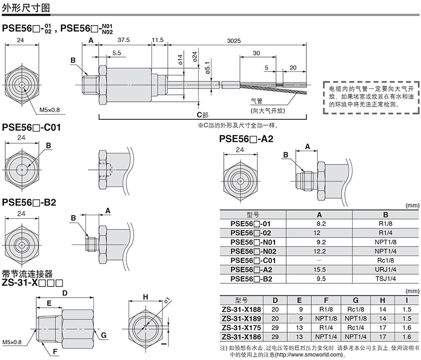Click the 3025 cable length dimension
coord(234,41)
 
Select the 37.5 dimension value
coord(124,40)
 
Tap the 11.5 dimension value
coord(158,40)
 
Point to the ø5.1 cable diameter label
coord(207,68)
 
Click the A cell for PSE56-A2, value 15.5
coord(319,269)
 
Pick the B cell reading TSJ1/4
coord(385,279)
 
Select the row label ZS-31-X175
coord(241,328)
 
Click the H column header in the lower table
coord(383,300)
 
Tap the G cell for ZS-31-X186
coord(355,337)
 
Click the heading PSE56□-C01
coord(31,127)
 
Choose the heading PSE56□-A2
coord(246,138)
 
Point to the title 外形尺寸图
coord(26,8)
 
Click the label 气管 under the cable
coord(256,101)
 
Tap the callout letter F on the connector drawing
coord(55,351)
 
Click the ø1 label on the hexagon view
coord(167,300)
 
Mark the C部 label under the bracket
coord(203,115)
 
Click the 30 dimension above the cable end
coord(256,53)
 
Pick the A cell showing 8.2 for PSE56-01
coord(321,224)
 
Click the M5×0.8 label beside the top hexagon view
coord(50,110)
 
